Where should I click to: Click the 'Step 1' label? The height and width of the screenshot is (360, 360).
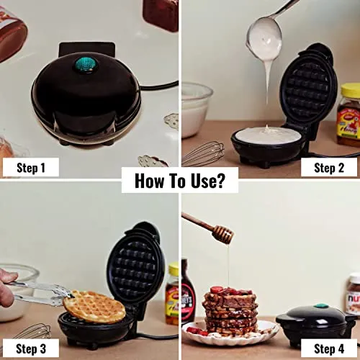coord(31,168)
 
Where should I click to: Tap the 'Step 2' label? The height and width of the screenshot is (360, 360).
coord(329,168)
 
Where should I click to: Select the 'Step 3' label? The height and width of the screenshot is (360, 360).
coord(31,348)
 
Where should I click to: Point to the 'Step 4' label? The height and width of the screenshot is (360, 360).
coord(329,348)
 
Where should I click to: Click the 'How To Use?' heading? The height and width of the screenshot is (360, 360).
coord(180,181)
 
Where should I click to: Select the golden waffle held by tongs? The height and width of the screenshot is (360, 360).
coord(94,307)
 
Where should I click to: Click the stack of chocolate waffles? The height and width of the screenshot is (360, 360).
coord(230,311)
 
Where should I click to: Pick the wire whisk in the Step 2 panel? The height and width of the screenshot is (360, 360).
coord(204,153)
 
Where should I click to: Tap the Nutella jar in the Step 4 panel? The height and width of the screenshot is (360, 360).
coord(354,293)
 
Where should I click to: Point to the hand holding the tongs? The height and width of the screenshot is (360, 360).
coord(7,287)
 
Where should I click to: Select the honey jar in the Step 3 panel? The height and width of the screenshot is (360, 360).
coord(172,293)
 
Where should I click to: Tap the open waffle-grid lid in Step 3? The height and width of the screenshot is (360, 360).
coord(133,266)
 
